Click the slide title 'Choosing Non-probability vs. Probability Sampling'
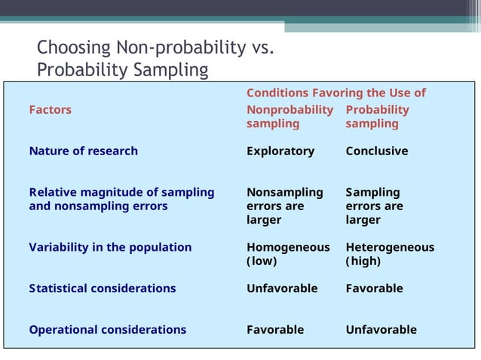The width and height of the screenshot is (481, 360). (x=154, y=59)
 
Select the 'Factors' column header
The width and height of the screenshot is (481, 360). (x=51, y=110)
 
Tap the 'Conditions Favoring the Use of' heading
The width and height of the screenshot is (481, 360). (x=335, y=93)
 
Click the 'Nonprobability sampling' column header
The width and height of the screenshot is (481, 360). (x=290, y=117)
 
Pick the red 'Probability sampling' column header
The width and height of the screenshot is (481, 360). (x=377, y=117)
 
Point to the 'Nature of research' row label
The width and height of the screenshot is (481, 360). (x=83, y=151)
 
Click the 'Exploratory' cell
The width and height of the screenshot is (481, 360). (x=280, y=151)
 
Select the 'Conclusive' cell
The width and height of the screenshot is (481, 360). (x=376, y=151)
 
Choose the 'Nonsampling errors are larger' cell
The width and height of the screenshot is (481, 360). (x=284, y=206)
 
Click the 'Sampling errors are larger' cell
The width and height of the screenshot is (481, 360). (x=374, y=206)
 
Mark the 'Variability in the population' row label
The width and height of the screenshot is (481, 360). (x=110, y=248)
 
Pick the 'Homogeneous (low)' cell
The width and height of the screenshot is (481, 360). (x=288, y=255)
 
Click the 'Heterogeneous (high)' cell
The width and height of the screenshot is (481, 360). (x=389, y=255)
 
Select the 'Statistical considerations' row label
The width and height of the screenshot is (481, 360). (x=102, y=288)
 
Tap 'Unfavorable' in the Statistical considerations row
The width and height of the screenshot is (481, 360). (x=282, y=288)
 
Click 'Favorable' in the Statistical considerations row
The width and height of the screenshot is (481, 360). (x=374, y=288)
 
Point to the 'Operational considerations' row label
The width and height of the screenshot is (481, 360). (x=107, y=330)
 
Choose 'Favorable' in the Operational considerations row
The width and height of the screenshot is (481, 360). (x=275, y=330)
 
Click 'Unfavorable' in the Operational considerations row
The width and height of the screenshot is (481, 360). (x=381, y=330)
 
